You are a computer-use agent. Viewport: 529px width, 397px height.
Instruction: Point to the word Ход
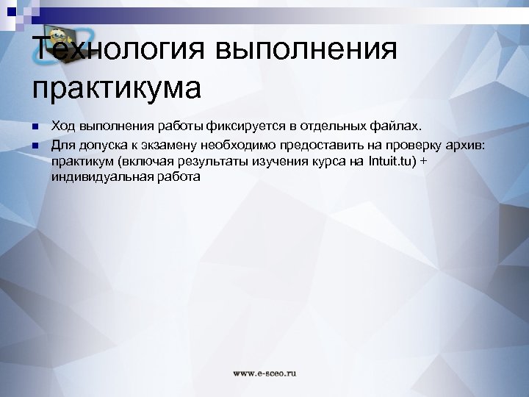[x=65, y=127]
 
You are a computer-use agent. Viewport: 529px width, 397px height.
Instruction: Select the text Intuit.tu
[x=391, y=161]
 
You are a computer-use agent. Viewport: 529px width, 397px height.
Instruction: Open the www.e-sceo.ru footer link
[x=264, y=373]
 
